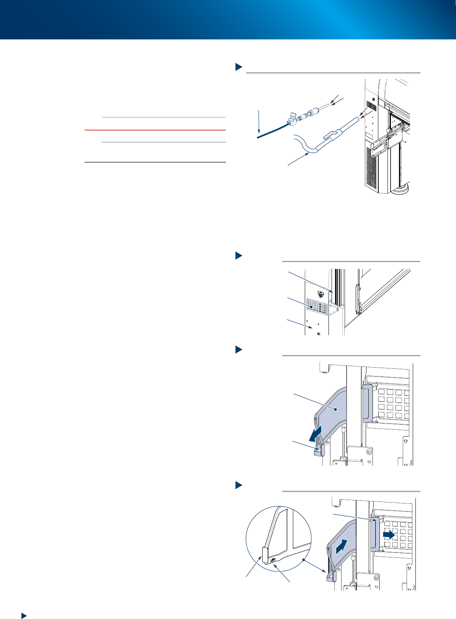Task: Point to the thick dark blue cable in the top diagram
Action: pos(270,132)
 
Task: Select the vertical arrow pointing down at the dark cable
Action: pos(260,122)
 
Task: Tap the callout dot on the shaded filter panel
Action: pos(335,409)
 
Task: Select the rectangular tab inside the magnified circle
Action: pos(264,554)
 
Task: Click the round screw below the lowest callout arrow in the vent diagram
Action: pos(319,333)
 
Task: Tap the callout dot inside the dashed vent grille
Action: pos(311,307)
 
